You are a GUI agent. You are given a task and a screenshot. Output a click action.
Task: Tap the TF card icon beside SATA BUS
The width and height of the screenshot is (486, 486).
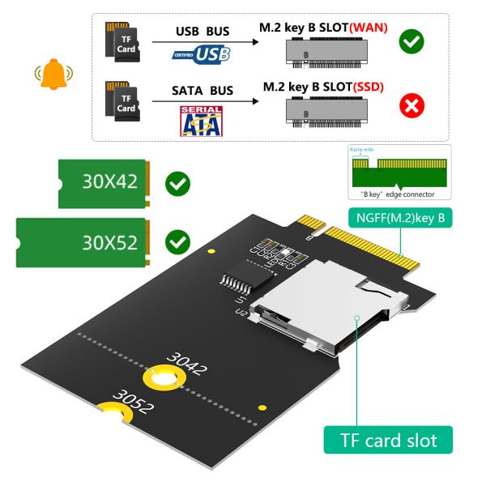pos(124,105)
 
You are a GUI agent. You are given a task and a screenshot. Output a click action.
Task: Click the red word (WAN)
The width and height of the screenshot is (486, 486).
pos(369,28)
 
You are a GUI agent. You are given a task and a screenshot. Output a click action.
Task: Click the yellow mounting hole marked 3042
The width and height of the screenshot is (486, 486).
pos(160,377)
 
